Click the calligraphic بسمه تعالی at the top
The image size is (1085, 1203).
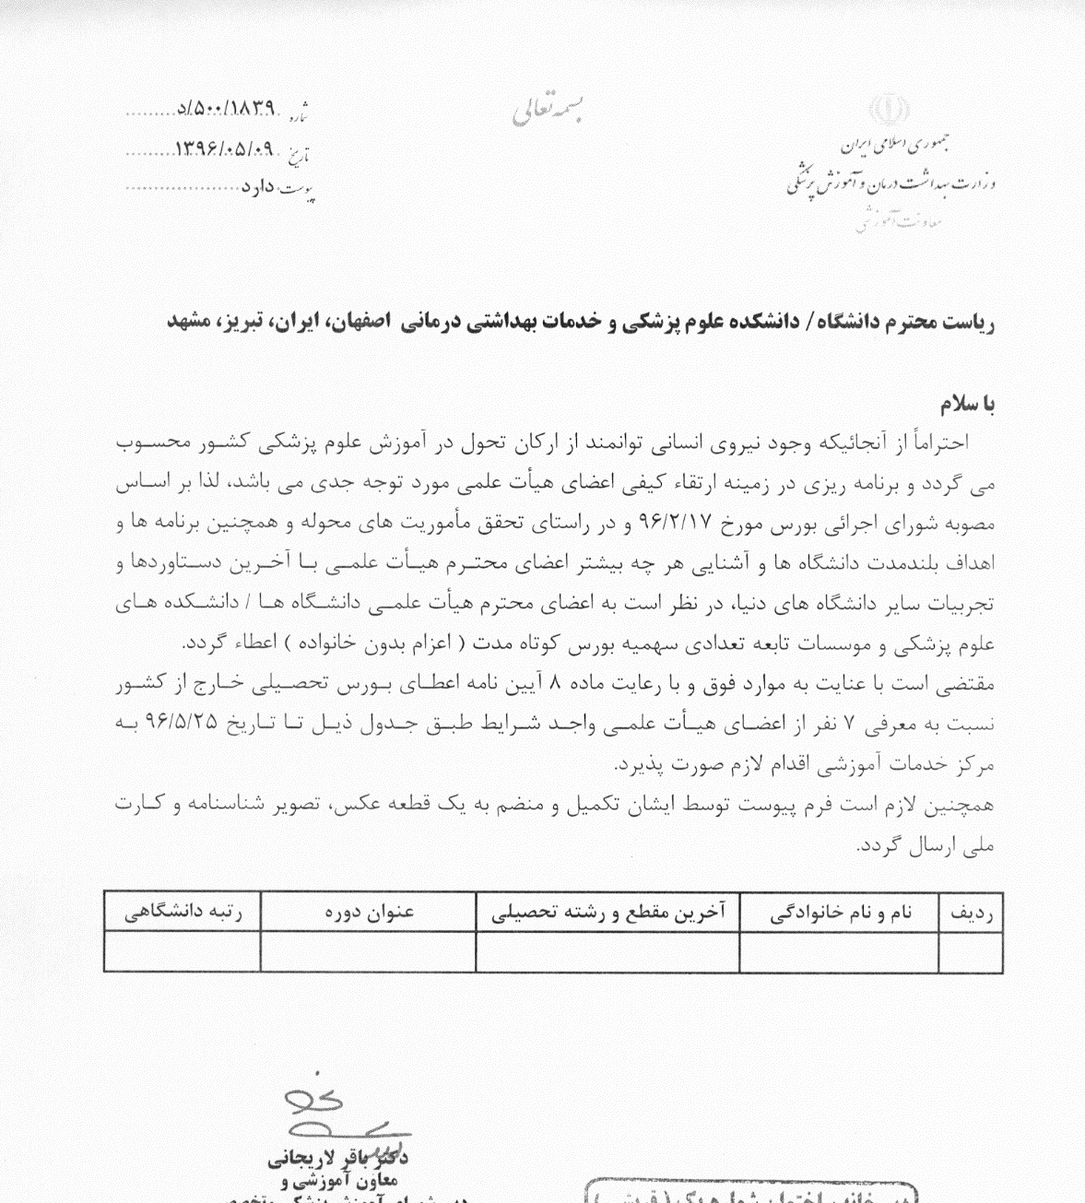pyautogui.click(x=548, y=110)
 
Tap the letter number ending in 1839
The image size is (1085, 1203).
pyautogui.click(x=231, y=109)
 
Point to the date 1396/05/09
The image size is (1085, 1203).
pyautogui.click(x=225, y=147)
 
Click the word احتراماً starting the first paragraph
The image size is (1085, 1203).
pyautogui.click(x=940, y=442)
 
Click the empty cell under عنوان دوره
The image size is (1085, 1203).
pyautogui.click(x=369, y=950)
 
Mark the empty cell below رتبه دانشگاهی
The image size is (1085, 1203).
pyautogui.click(x=183, y=950)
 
